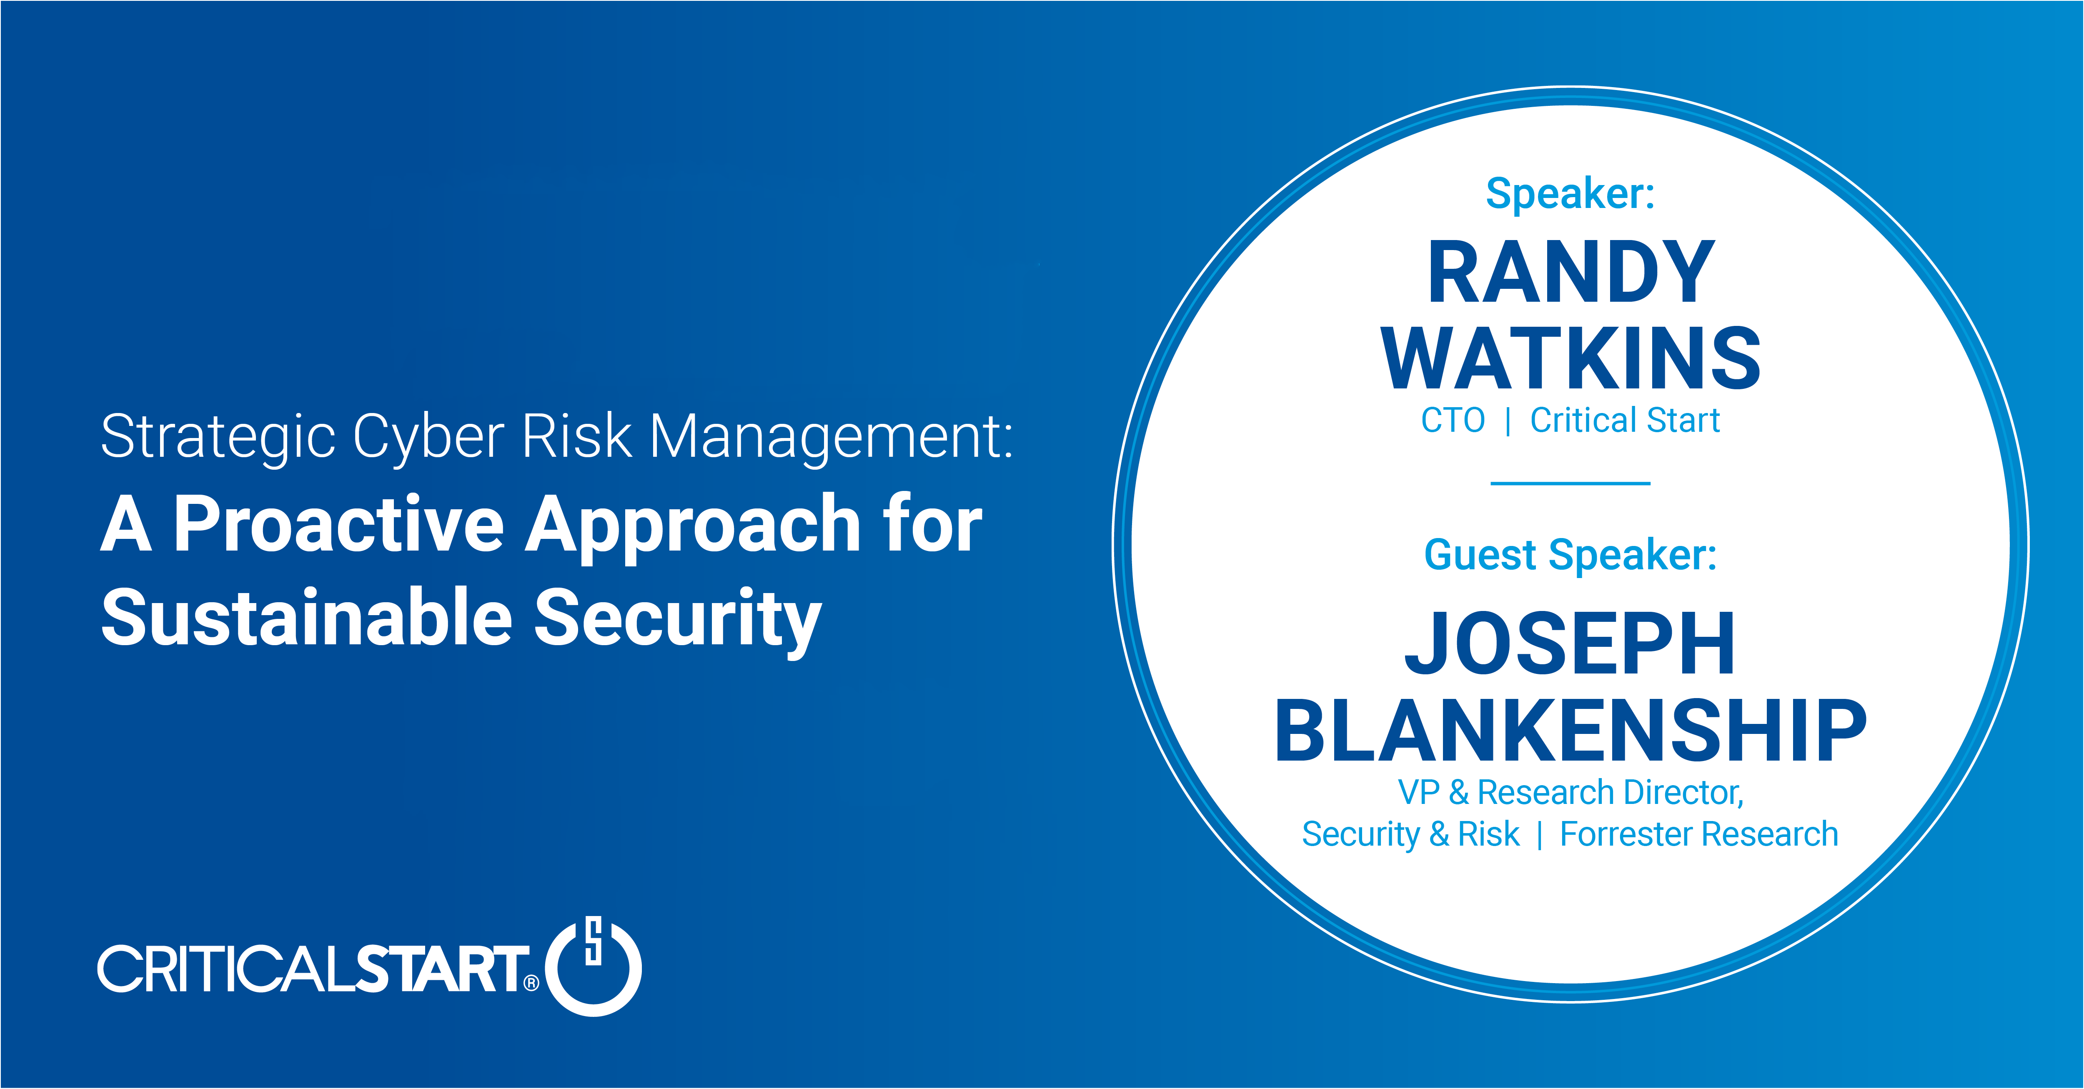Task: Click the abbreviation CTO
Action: point(1453,421)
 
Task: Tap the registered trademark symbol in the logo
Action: point(531,983)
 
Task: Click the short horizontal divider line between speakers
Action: point(1570,483)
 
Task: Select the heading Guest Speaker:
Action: point(1570,555)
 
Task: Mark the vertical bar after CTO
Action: point(1508,421)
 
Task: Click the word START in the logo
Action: point(441,969)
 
